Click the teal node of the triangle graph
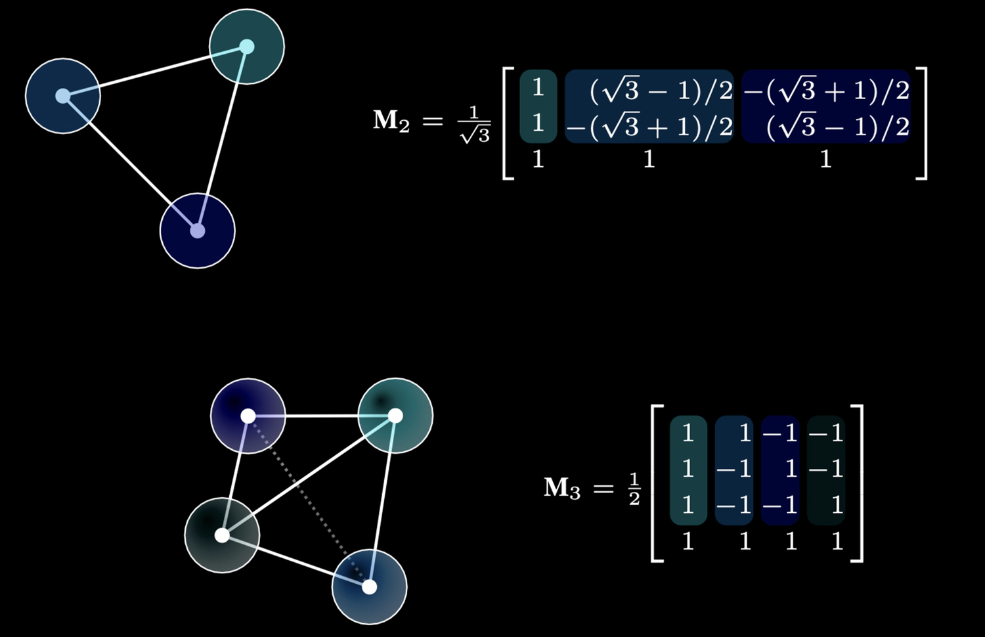246,47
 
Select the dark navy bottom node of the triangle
197,231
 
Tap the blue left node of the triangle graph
62,96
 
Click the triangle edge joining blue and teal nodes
155,71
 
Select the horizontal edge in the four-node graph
322,416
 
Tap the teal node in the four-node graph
395,416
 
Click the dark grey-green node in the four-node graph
222,535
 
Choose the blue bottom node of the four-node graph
369,586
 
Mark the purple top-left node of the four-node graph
248,416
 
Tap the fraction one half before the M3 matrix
634,489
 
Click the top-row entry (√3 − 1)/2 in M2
661,91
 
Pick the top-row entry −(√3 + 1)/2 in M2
827,91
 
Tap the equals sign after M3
603,489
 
